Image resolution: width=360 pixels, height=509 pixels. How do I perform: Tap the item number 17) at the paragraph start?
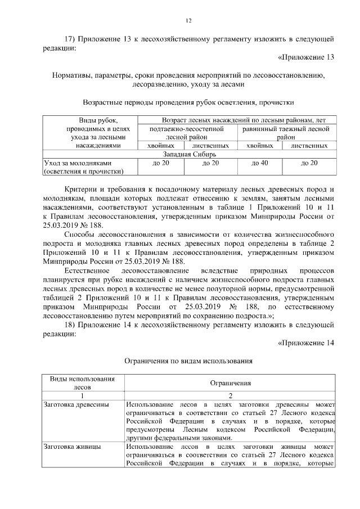(70, 39)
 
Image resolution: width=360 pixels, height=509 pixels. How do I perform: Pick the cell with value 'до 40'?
(259, 163)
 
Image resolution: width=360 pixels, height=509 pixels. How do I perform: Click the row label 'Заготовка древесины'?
(76, 404)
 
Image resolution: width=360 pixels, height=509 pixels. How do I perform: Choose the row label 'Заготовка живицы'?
(72, 446)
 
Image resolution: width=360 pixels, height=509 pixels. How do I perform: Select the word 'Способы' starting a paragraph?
(80, 233)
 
